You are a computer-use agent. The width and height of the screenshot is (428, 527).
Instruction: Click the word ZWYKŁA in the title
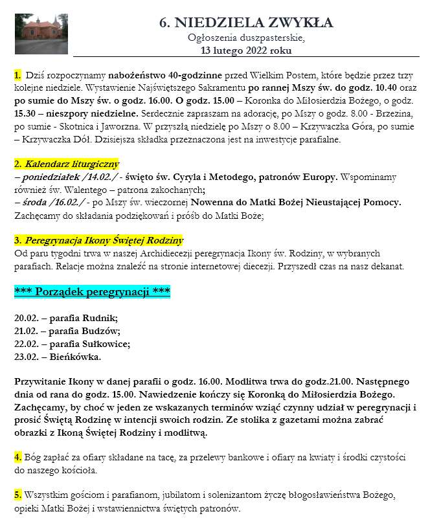click(x=302, y=23)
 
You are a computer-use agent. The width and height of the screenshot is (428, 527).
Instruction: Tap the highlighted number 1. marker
click(x=17, y=77)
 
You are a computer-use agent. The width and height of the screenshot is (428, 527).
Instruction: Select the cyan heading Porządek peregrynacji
click(x=92, y=292)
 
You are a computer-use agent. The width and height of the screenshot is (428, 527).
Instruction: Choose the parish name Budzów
click(x=100, y=331)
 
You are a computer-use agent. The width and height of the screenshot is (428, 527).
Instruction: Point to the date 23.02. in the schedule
click(x=27, y=357)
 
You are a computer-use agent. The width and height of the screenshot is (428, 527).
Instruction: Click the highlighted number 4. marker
click(x=17, y=458)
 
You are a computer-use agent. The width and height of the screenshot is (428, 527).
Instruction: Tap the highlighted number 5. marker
click(x=17, y=495)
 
